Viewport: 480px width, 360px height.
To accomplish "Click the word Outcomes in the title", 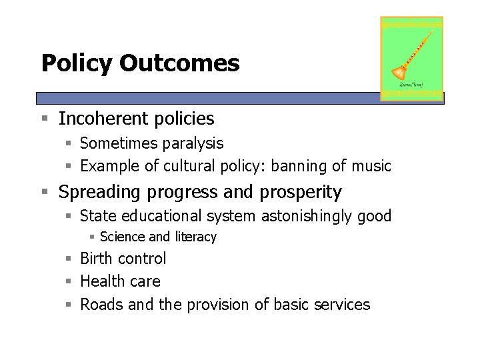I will (x=179, y=63).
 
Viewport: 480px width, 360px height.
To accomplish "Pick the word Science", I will (x=123, y=237).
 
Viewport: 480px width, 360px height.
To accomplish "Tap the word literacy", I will (x=195, y=237).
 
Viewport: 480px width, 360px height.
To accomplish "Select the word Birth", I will (x=97, y=259).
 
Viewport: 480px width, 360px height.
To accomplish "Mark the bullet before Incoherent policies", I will (x=45, y=119).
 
